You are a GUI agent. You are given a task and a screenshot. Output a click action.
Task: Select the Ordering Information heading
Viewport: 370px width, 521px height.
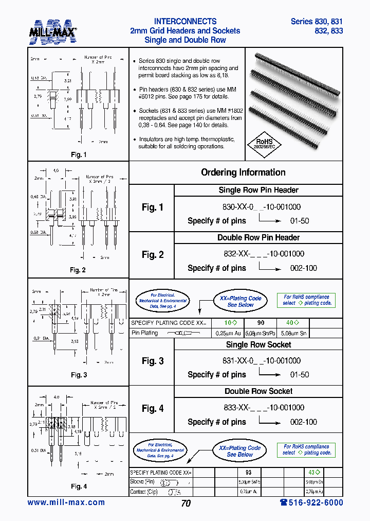point(243,172)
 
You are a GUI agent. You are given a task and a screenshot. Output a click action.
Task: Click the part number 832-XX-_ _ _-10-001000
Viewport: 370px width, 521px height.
point(261,254)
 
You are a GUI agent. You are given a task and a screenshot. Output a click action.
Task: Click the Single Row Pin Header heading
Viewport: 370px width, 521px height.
point(258,190)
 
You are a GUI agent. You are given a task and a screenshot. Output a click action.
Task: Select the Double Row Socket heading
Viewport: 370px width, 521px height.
point(258,391)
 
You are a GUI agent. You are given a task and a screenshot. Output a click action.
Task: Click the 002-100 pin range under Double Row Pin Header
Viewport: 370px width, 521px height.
point(304,268)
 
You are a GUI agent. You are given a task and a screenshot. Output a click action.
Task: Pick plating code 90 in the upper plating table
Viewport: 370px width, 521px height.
point(261,322)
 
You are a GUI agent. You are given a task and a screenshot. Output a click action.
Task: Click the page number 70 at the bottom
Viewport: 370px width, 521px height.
point(186,503)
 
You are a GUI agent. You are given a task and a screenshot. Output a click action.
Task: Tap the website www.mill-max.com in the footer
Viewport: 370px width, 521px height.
point(66,502)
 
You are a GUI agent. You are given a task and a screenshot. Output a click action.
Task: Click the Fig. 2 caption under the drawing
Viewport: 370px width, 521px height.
point(78,270)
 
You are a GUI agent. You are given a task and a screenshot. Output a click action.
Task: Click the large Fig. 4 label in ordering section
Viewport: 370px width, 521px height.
point(153,409)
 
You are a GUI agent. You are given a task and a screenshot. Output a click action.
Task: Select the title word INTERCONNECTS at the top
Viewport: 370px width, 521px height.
point(185,22)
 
